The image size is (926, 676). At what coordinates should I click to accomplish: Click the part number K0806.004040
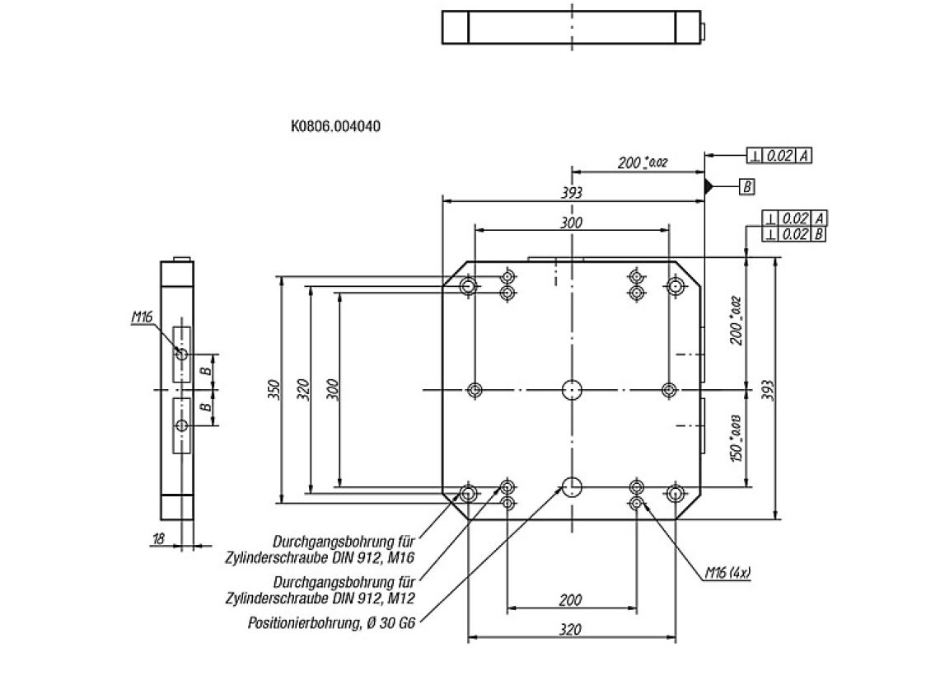point(335,127)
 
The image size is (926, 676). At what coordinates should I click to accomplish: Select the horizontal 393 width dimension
point(572,193)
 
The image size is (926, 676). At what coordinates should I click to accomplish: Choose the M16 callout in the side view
point(142,317)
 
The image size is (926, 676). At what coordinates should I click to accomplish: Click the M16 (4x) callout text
point(727,572)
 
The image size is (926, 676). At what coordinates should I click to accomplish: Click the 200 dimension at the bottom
point(571,600)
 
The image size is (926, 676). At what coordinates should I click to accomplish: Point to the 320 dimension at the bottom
point(570,630)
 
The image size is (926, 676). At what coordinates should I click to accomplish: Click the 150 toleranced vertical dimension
point(737,439)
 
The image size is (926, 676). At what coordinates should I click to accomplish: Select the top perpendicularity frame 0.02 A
point(779,155)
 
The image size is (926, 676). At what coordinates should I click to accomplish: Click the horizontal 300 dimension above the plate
point(571,223)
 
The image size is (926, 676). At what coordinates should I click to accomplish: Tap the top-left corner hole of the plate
point(468,286)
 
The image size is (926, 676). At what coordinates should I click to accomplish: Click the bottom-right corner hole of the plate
point(675,493)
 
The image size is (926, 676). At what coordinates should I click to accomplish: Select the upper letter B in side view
point(208,370)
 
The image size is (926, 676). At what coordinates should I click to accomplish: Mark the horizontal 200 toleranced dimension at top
point(641,163)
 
